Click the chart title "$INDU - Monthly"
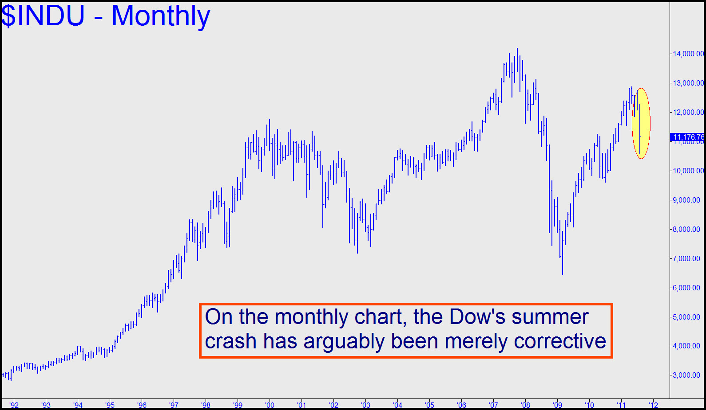tap(106, 16)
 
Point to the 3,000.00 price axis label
tap(686, 375)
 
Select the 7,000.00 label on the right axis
tap(686, 258)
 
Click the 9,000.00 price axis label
tap(686, 200)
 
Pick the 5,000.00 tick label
tap(686, 317)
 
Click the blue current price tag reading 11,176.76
tap(687, 137)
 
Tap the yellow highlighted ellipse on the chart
tap(641, 123)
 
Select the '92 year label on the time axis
tap(14, 405)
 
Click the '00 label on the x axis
tap(270, 405)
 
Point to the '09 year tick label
tap(557, 405)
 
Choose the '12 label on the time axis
tap(653, 405)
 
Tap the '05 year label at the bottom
tap(429, 405)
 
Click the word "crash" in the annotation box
tap(231, 341)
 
